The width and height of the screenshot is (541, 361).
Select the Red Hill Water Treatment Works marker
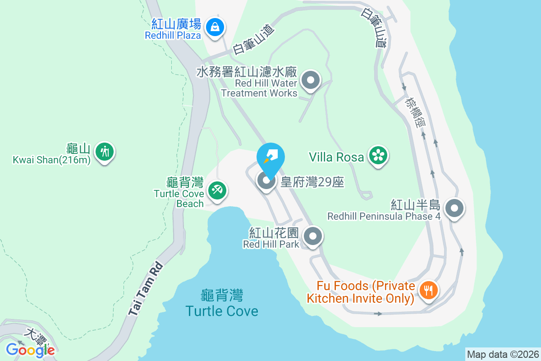310,81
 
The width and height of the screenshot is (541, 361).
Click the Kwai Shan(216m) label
51,159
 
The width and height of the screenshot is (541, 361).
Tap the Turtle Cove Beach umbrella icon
217,190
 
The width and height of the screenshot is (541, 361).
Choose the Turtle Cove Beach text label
179,194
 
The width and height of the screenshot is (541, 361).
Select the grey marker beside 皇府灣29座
266,181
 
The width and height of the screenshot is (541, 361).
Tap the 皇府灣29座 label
312,182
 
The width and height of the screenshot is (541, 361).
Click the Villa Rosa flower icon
378,156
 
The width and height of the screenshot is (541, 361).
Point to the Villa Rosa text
336,157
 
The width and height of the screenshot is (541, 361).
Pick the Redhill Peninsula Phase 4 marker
454,209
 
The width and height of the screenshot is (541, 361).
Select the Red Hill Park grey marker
312,236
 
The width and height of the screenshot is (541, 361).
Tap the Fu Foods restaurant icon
426,290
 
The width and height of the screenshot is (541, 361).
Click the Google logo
30,350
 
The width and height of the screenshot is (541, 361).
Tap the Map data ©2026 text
503,354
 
